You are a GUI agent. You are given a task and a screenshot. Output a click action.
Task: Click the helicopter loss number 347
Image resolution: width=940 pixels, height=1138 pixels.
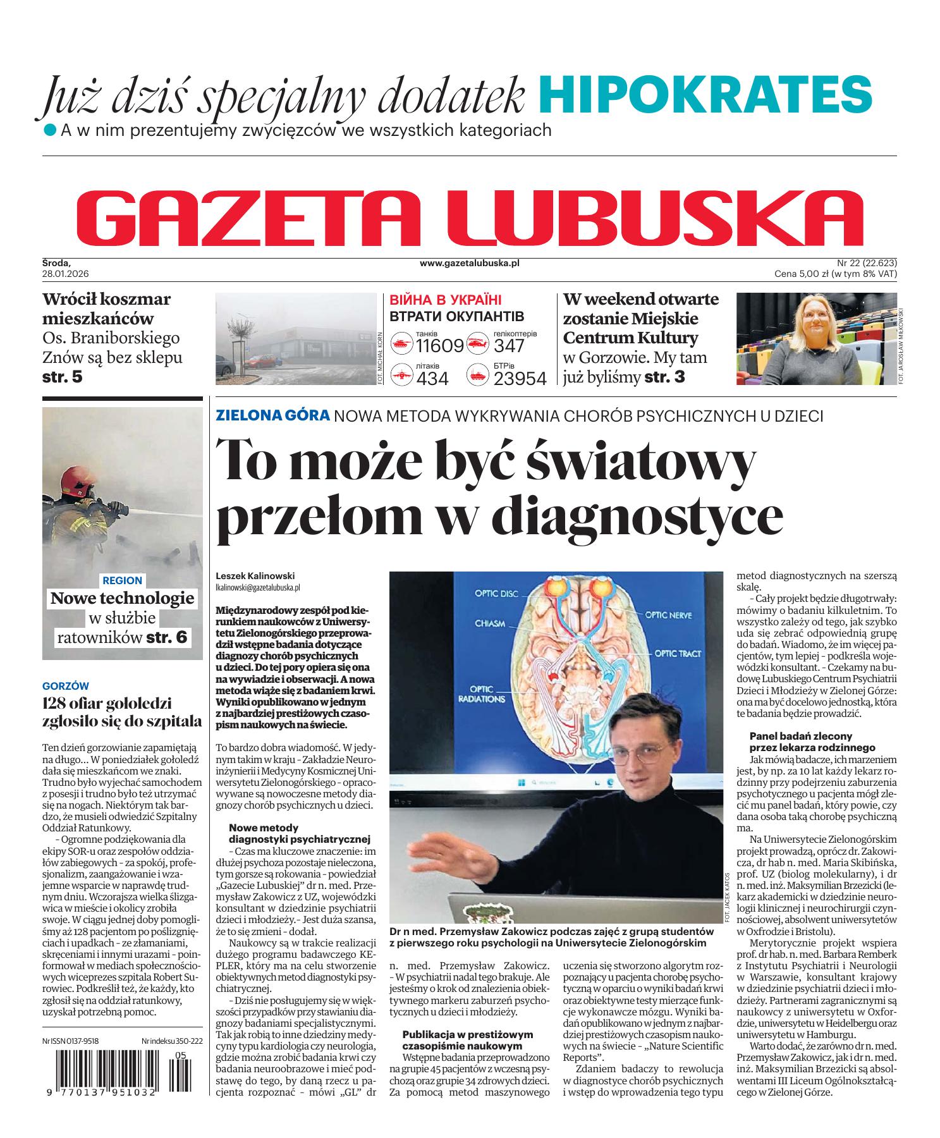pyautogui.click(x=509, y=346)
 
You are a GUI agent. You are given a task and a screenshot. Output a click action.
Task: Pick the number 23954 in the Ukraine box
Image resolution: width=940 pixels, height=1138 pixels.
pyautogui.click(x=520, y=378)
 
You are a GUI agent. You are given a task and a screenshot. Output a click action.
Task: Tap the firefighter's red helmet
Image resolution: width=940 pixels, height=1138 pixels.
pyautogui.click(x=74, y=484)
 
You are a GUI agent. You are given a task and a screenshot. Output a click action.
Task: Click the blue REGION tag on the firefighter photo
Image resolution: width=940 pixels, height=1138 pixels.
pyautogui.click(x=122, y=580)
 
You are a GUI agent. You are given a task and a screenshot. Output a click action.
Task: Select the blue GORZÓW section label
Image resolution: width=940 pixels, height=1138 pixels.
pyautogui.click(x=65, y=686)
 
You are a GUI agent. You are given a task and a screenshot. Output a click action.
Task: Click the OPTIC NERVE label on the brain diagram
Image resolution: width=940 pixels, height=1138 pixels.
pyautogui.click(x=668, y=615)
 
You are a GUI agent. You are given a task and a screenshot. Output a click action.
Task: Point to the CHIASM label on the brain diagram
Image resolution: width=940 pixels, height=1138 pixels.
pyautogui.click(x=491, y=623)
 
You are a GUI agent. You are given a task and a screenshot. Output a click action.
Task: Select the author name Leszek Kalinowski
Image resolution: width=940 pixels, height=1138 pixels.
pyautogui.click(x=255, y=576)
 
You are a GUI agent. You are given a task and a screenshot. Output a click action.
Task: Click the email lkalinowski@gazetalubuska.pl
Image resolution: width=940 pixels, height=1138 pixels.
pyautogui.click(x=257, y=587)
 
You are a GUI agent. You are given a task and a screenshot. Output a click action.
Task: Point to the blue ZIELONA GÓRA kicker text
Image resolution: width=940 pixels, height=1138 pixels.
pyautogui.click(x=272, y=415)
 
